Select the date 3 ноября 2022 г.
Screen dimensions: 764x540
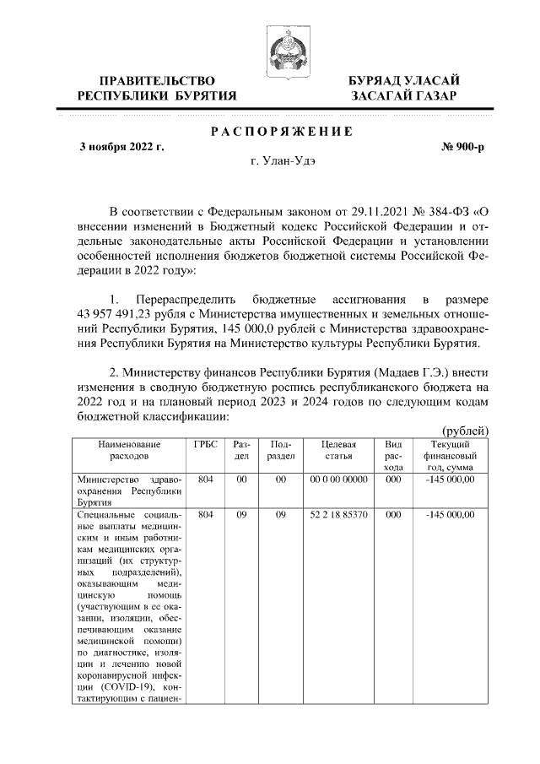pyautogui.click(x=121, y=147)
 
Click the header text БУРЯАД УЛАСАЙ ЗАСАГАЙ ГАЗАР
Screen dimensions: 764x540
pyautogui.click(x=404, y=88)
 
